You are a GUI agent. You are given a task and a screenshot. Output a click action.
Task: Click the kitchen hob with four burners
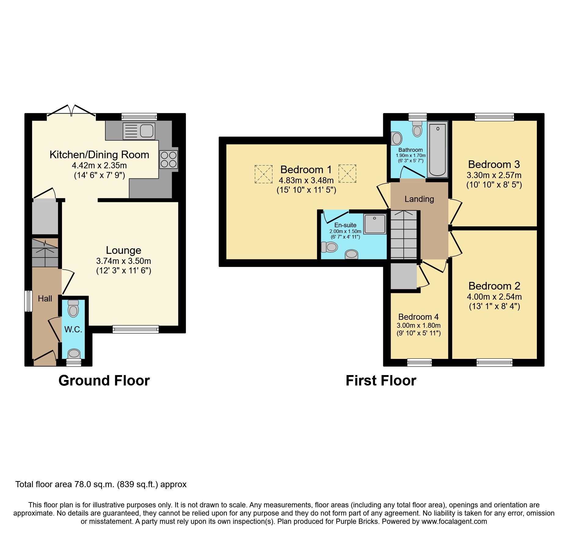point(169,159)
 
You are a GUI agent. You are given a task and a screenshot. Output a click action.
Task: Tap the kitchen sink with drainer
point(139,131)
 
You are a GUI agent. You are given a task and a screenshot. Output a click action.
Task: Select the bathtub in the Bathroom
point(437,150)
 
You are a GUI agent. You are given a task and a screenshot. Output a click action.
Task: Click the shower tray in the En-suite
point(375,224)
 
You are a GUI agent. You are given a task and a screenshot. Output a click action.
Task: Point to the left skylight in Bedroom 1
point(264,174)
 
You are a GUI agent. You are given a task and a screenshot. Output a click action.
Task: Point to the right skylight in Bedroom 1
point(347,173)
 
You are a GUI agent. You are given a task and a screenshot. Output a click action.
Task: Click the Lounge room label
point(124,250)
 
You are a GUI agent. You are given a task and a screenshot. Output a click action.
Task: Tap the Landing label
point(419,199)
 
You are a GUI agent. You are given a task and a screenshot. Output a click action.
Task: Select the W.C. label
point(73,329)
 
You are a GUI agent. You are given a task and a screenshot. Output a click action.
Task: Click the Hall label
point(45,299)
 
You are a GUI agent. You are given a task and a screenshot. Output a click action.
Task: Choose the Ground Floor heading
point(104,381)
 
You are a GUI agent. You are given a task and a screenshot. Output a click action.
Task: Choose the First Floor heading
point(381,381)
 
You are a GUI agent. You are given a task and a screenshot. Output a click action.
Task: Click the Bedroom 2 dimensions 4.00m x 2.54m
point(494,297)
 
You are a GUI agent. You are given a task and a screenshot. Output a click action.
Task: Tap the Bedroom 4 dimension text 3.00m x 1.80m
point(419,325)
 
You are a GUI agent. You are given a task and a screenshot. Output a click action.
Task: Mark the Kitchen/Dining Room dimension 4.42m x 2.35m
point(99,166)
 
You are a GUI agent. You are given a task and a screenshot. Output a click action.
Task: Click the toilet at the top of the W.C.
point(73,308)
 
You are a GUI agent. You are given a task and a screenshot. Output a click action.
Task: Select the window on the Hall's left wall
point(28,301)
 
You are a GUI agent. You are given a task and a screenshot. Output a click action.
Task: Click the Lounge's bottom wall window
point(136,329)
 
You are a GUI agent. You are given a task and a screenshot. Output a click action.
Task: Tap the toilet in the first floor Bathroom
point(417,129)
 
